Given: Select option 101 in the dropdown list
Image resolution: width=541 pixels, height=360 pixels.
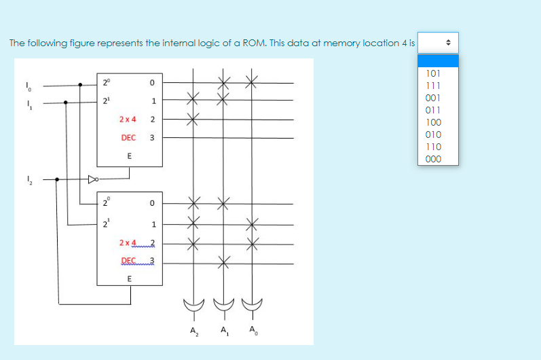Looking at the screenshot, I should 433,73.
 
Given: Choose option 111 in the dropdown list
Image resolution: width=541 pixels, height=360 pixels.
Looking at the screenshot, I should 433,86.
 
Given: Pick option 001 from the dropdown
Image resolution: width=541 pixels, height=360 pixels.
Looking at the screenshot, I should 433,98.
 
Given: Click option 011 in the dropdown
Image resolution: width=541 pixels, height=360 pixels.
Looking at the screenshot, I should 433,110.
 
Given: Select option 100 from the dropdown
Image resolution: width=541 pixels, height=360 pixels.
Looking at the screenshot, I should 433,122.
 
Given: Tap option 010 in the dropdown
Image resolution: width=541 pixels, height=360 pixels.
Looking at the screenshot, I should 433,134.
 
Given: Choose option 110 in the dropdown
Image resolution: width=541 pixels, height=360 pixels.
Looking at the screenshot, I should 433,147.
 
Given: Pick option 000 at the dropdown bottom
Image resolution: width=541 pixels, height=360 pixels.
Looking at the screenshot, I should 433,160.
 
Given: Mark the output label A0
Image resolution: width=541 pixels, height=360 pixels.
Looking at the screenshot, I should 253,331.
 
